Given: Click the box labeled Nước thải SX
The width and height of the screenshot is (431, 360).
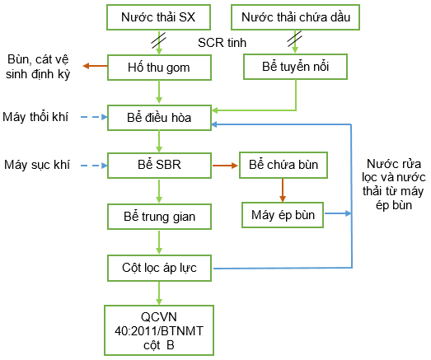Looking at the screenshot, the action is click(x=158, y=17).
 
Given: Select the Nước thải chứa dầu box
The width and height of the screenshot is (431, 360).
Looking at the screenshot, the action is click(x=296, y=17).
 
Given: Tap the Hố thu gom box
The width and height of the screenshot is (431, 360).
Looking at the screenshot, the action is click(x=159, y=68).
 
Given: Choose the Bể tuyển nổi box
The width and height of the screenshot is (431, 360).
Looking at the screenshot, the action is click(x=296, y=67).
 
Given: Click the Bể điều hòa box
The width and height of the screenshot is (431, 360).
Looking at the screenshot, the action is click(x=159, y=118).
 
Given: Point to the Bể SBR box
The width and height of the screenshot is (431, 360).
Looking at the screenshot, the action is click(x=159, y=166).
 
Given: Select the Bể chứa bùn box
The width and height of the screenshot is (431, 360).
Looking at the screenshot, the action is click(x=283, y=165).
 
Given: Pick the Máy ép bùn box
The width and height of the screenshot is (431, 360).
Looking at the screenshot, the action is click(x=283, y=215).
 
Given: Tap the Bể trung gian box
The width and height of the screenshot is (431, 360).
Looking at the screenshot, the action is click(x=159, y=217).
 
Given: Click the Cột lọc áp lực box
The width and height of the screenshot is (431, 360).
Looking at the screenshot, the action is click(x=159, y=269).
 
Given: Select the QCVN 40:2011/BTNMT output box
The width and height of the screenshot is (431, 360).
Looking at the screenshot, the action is click(x=159, y=330).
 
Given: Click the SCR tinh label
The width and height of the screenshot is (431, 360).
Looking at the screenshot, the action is click(x=223, y=43).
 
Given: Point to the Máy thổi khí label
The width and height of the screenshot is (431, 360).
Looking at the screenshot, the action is click(x=35, y=117).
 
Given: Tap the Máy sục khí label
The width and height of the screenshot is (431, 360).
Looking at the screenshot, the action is click(x=37, y=165).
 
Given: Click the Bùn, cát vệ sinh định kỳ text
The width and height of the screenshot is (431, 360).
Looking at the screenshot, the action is click(x=38, y=67).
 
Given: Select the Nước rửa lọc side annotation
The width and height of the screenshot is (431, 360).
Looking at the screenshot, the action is click(x=394, y=185).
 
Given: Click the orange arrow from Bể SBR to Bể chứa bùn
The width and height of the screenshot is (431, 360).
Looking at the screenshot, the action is click(x=225, y=166).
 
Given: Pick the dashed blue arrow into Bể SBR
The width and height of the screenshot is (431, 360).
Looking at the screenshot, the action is click(x=94, y=166).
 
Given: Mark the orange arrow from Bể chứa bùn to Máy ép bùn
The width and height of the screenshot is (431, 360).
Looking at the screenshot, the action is click(x=283, y=190).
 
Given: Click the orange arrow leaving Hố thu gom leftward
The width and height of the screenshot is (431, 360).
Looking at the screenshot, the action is click(x=95, y=66).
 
